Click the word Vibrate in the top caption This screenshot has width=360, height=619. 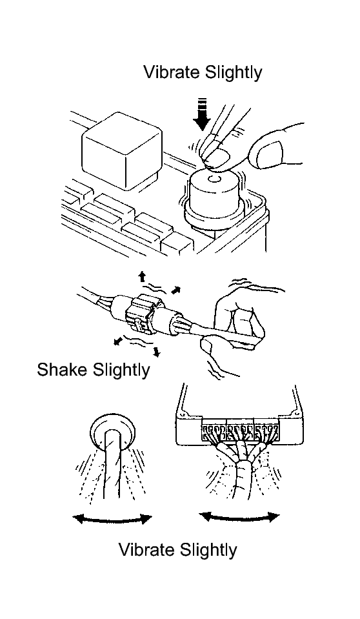click(172, 72)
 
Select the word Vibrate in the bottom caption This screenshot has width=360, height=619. click(146, 549)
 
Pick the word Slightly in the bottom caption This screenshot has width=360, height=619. click(208, 551)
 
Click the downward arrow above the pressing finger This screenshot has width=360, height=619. click(203, 114)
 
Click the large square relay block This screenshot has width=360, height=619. click(121, 150)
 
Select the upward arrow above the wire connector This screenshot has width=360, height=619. click(142, 276)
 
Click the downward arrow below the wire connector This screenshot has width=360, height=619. click(157, 351)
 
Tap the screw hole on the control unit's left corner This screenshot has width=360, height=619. click(183, 414)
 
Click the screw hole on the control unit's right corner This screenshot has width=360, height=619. click(294, 412)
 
